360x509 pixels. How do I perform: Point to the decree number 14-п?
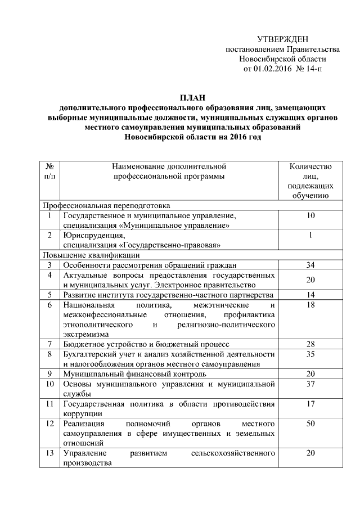click(x=313, y=69)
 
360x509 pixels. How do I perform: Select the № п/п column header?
click(x=49, y=171)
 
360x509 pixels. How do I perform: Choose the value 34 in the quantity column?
click(x=310, y=264)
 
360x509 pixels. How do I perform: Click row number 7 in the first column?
click(x=49, y=343)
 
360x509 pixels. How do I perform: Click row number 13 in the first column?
click(x=49, y=453)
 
